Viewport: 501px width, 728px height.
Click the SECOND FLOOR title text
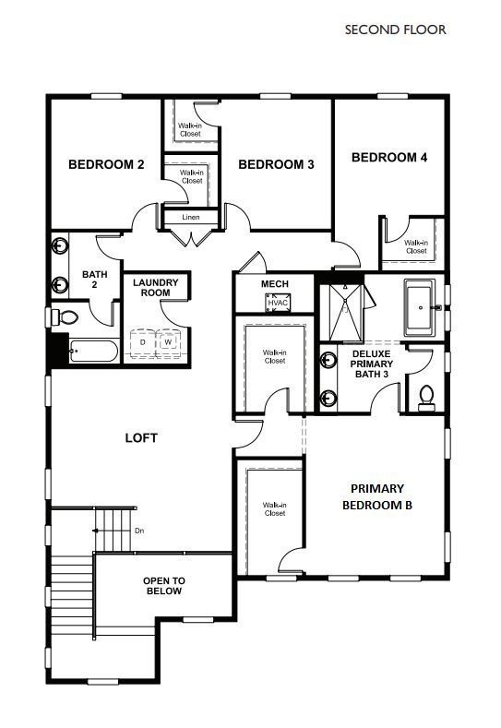click(x=395, y=30)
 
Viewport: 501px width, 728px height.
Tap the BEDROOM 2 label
click(x=107, y=165)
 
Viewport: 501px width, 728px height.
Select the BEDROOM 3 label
click(x=276, y=165)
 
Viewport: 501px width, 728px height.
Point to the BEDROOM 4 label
click(x=389, y=158)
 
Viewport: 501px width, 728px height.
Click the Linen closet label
click(x=191, y=218)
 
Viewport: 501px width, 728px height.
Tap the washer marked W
click(x=169, y=342)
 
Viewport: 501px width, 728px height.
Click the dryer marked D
click(x=143, y=342)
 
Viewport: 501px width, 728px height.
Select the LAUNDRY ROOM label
click(x=155, y=287)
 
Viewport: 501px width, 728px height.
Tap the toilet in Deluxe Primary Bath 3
click(x=426, y=397)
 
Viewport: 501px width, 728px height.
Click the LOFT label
click(x=141, y=438)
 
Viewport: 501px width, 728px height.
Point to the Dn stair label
click(x=139, y=531)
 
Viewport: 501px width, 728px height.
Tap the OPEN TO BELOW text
click(x=163, y=585)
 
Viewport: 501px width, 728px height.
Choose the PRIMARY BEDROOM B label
click(x=376, y=496)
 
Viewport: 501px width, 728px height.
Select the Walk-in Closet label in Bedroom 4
click(x=415, y=246)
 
